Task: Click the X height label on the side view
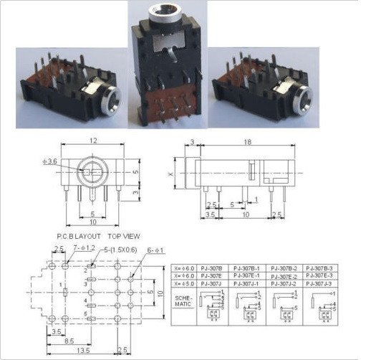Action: coord(169,174)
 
